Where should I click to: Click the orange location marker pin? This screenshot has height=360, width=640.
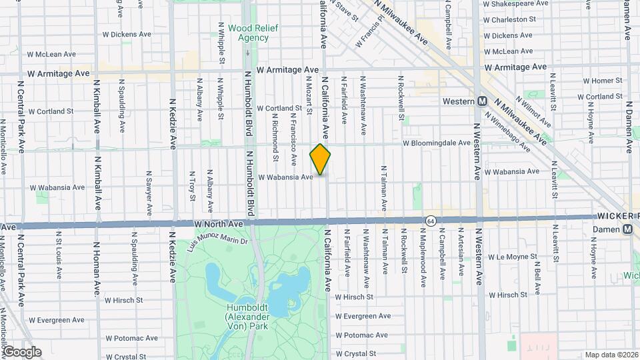click(x=320, y=160)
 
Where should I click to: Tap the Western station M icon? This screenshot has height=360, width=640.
click(x=482, y=101)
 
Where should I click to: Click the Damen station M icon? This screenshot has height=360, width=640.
click(x=627, y=229)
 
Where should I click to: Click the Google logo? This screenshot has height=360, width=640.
click(x=21, y=351)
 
